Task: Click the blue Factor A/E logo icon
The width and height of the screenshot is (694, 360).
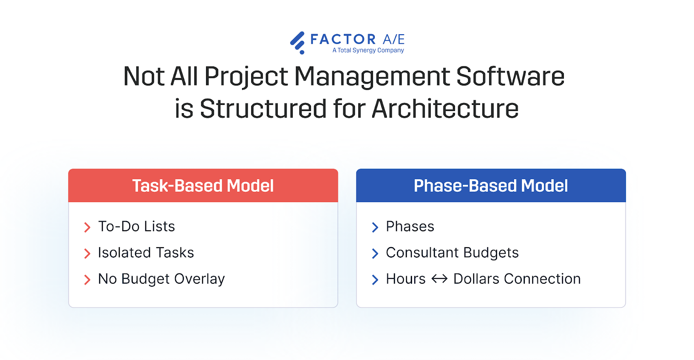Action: (x=298, y=43)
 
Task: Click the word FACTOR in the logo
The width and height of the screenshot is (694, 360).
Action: (x=343, y=39)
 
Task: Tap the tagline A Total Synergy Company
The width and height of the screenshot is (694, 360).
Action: (x=368, y=50)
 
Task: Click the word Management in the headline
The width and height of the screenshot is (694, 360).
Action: (x=372, y=76)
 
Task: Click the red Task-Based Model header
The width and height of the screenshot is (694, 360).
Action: (x=203, y=186)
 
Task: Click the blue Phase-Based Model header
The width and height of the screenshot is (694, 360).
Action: (x=491, y=186)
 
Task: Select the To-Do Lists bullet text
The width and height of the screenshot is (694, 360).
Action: (x=136, y=226)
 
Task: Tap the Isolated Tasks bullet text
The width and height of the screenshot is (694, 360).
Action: (x=146, y=252)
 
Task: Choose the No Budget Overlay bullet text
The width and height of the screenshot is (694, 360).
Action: (x=161, y=279)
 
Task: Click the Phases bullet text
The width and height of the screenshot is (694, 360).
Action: (x=410, y=226)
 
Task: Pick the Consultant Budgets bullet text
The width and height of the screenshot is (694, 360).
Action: (x=452, y=252)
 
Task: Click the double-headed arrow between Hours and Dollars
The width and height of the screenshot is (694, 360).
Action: (x=439, y=279)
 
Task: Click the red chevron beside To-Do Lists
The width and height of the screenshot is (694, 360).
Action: (x=87, y=227)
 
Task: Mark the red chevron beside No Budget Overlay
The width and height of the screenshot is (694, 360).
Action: (x=87, y=280)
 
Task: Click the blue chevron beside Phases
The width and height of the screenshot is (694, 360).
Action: (x=375, y=227)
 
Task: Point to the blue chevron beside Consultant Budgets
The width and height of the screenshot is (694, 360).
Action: (x=375, y=253)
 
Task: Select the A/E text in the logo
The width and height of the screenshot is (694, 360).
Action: (x=393, y=39)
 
